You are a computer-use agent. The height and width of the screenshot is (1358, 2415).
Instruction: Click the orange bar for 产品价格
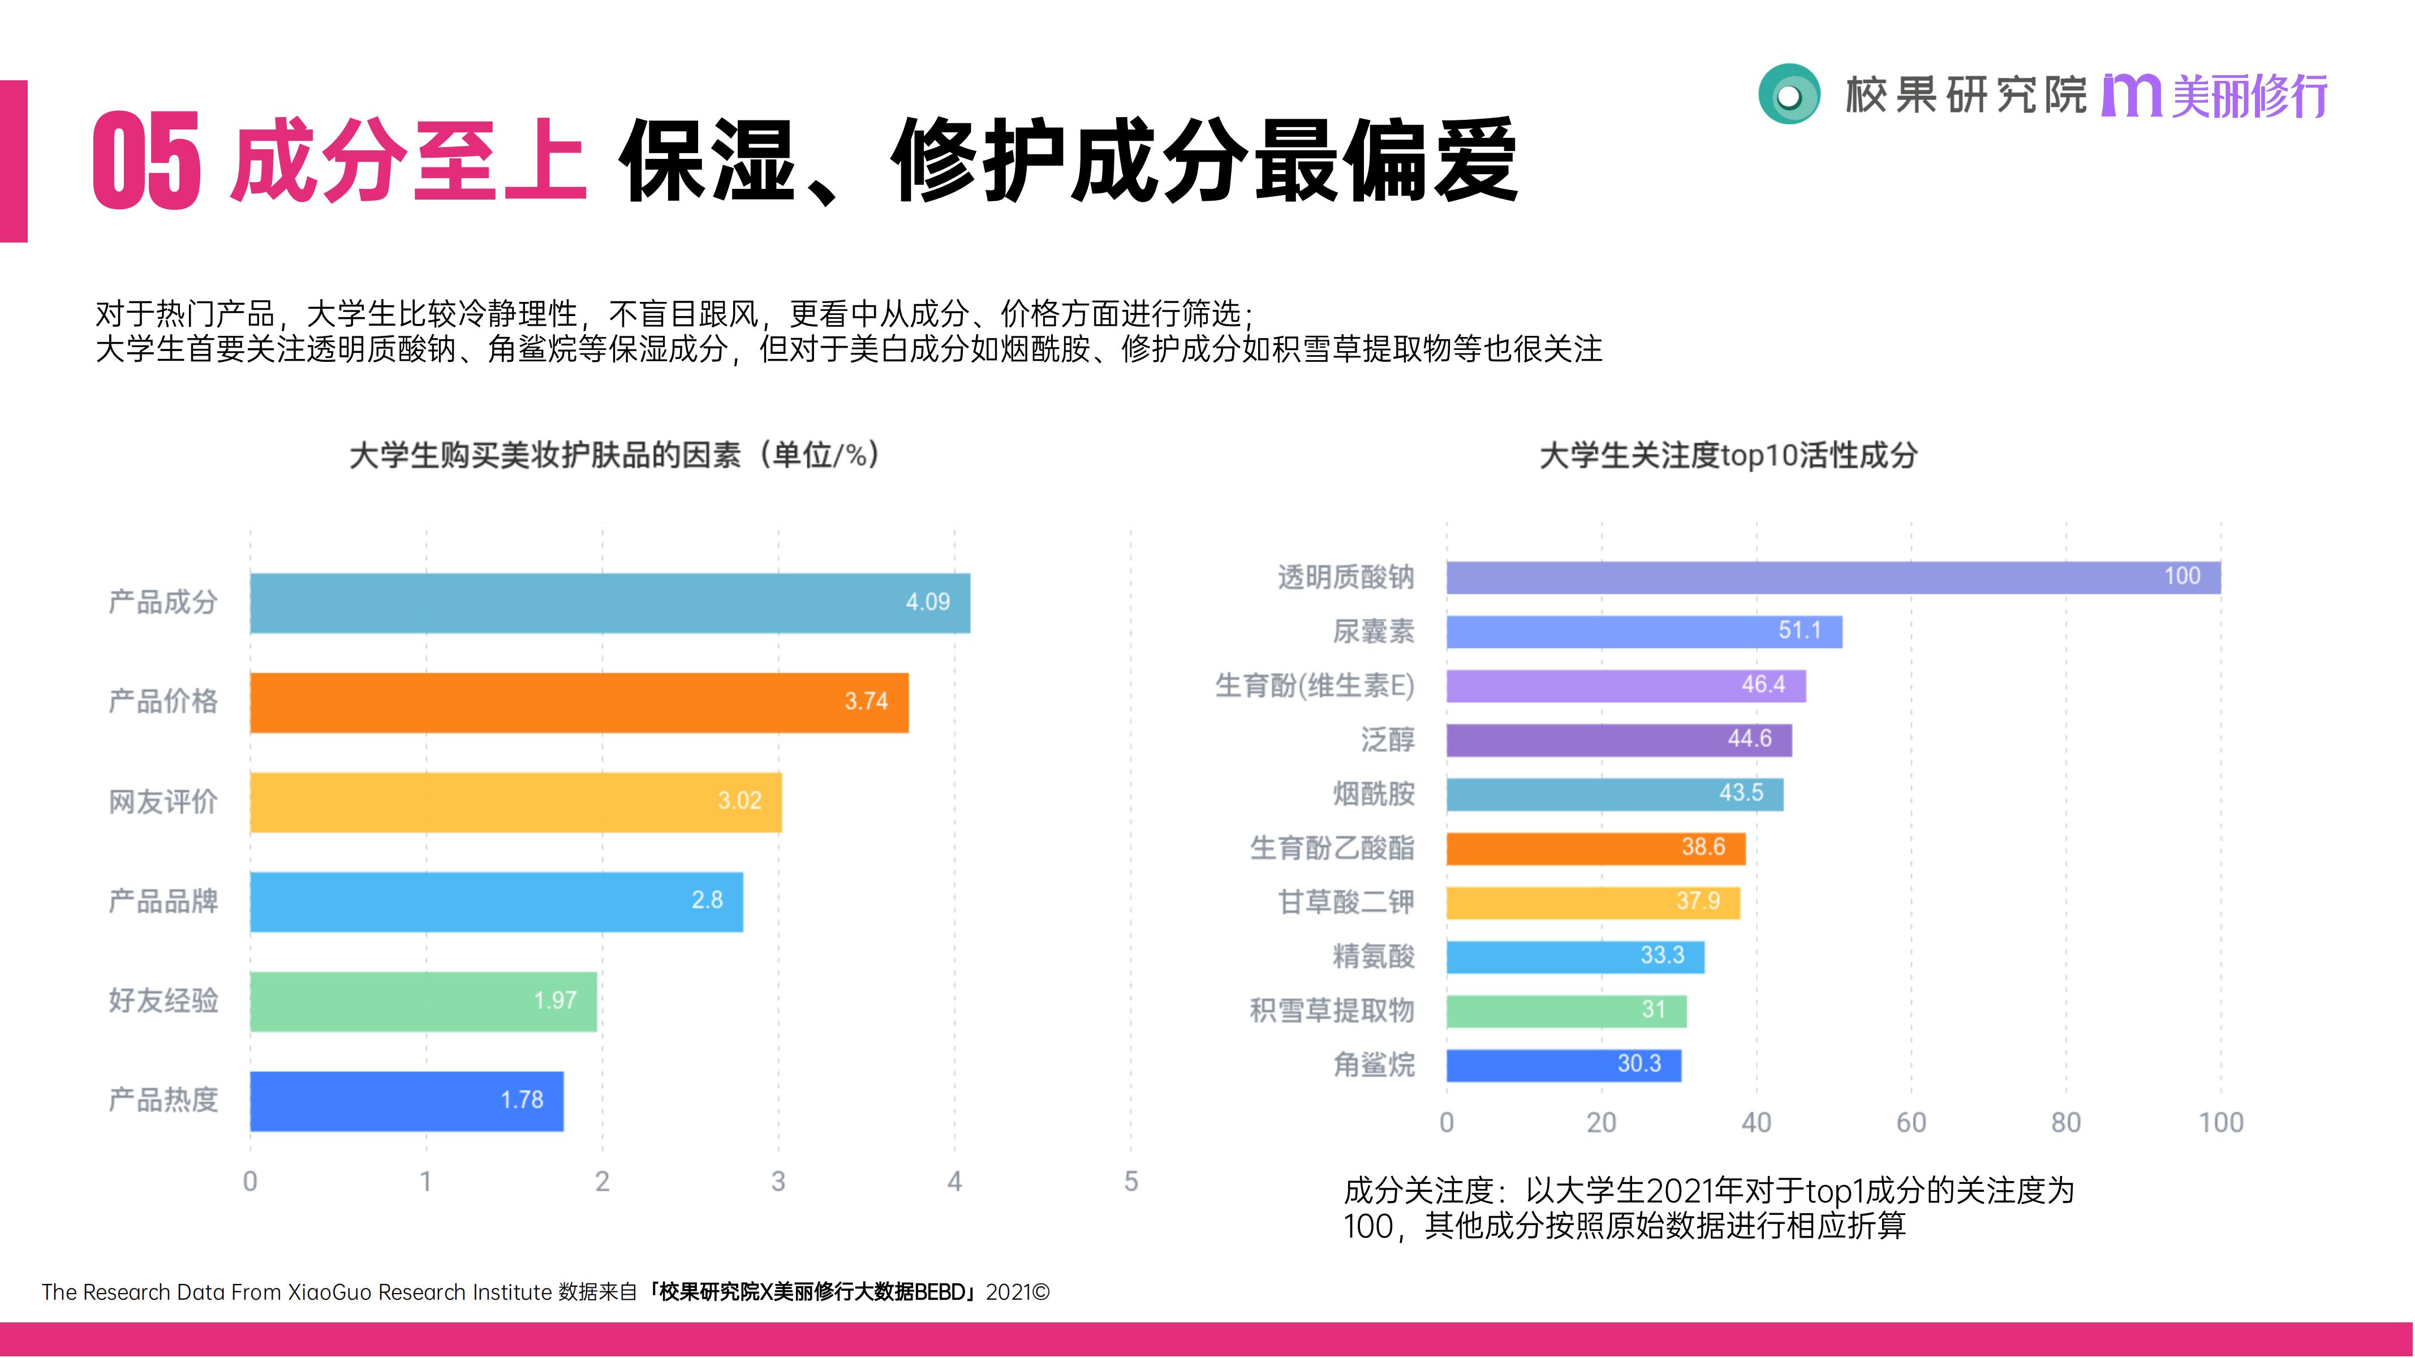pyautogui.click(x=579, y=702)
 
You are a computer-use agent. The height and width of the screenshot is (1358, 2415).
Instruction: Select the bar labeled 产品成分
pyautogui.click(x=609, y=603)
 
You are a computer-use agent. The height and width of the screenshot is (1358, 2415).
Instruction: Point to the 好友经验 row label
pyautogui.click(x=163, y=1001)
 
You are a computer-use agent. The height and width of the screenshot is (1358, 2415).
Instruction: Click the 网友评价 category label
pyautogui.click(x=163, y=801)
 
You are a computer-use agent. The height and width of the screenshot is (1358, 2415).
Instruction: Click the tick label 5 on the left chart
pyautogui.click(x=1131, y=1182)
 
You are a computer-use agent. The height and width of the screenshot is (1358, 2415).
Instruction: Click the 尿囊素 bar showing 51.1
pyautogui.click(x=1643, y=632)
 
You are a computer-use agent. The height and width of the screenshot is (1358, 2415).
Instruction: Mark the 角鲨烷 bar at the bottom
pyautogui.click(x=1563, y=1065)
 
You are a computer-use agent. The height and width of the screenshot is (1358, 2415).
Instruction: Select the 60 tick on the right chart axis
pyautogui.click(x=1910, y=1123)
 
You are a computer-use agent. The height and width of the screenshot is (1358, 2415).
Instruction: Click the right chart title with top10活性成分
pyautogui.click(x=1728, y=456)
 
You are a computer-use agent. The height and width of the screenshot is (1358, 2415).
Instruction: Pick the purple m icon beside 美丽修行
pyautogui.click(x=2131, y=96)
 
